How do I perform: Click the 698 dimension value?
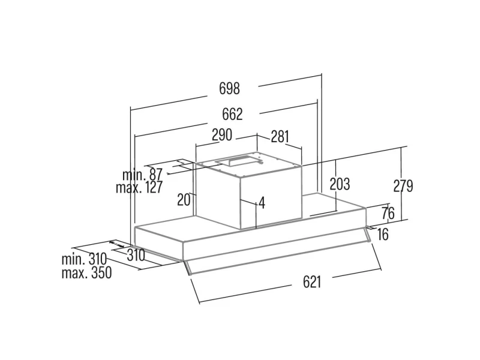(x=229, y=89)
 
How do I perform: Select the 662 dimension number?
(x=232, y=114)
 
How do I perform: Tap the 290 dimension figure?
(x=222, y=136)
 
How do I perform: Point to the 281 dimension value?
(x=280, y=136)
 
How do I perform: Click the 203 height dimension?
(x=340, y=184)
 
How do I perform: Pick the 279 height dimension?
(x=403, y=186)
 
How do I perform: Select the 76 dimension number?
(x=388, y=213)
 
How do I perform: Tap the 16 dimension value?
(x=383, y=234)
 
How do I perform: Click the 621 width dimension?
(x=311, y=282)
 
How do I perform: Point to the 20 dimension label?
(x=184, y=199)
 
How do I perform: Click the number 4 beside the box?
(x=262, y=203)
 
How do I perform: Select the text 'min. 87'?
(x=143, y=175)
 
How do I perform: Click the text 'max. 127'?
(x=139, y=188)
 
